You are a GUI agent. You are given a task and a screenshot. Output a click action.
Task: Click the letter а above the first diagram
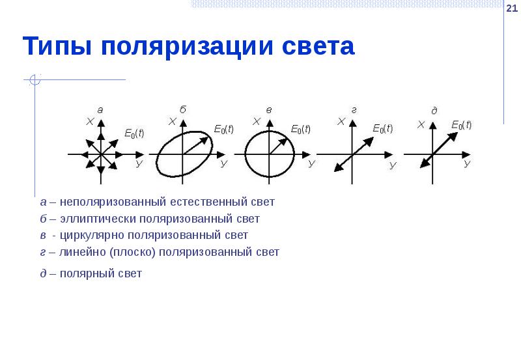[x=100, y=110]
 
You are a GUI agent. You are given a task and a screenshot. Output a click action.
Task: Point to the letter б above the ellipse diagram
[x=182, y=110]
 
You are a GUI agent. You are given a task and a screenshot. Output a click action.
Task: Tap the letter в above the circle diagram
[x=268, y=111]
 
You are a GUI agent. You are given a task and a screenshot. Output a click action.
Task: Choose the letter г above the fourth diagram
[x=354, y=110]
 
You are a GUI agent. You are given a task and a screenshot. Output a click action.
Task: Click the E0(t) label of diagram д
[x=460, y=125]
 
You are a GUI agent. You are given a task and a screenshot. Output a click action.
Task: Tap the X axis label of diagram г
[x=341, y=122]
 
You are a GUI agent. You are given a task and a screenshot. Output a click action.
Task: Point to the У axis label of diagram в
[x=311, y=164]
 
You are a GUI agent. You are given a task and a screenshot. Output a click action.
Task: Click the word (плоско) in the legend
[x=130, y=251]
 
